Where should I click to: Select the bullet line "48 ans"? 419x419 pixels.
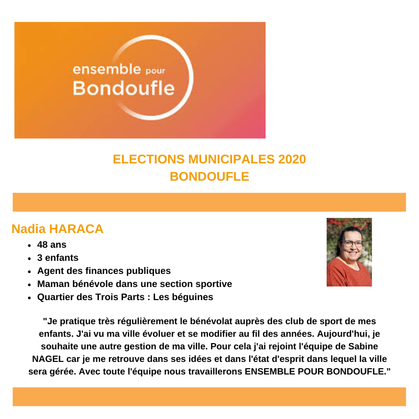click(x=52, y=245)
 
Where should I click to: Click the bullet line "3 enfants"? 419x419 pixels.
click(x=58, y=258)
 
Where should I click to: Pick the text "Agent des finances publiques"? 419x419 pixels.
click(x=104, y=271)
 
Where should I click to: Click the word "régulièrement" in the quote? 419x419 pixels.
click(x=140, y=321)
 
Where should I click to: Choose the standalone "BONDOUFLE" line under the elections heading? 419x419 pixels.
click(x=209, y=177)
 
